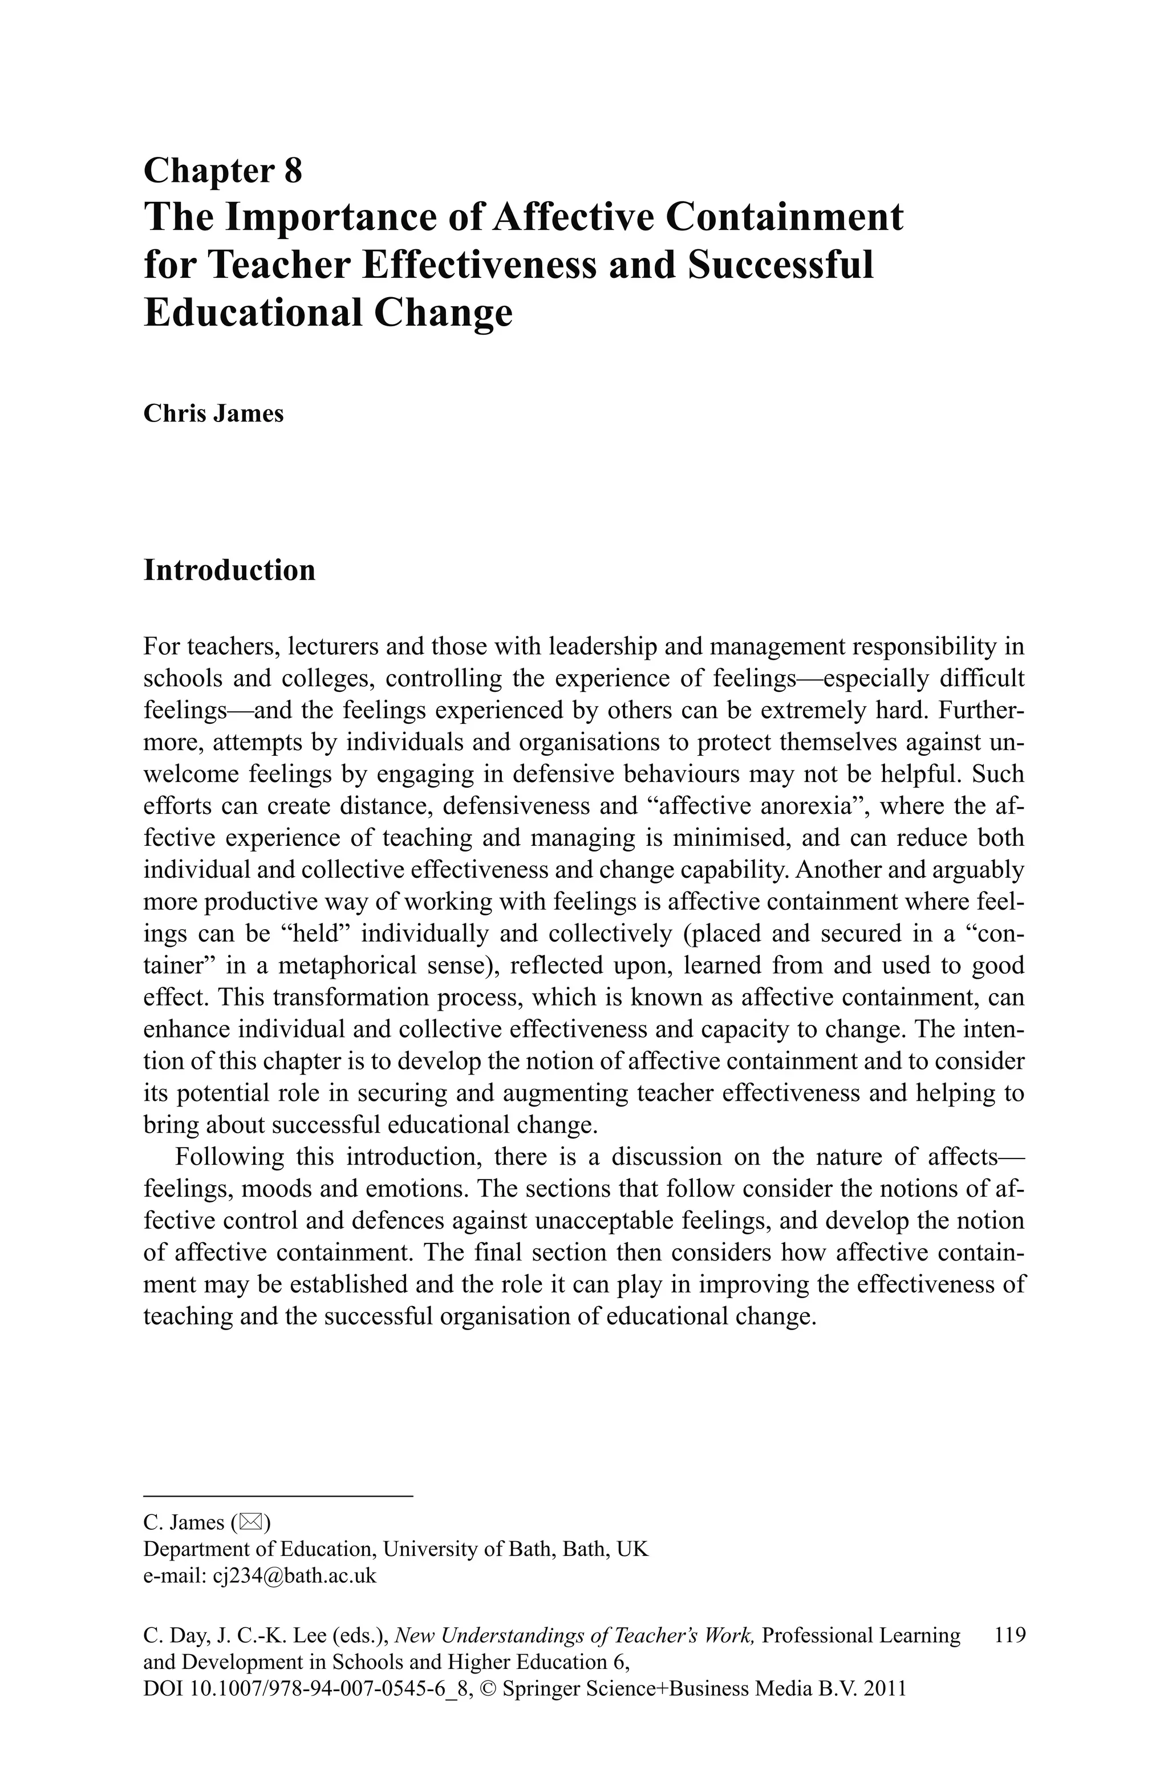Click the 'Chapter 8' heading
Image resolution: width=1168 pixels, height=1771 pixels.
tap(223, 171)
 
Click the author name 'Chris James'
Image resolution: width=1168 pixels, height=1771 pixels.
tap(213, 414)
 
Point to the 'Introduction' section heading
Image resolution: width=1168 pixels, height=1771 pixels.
tap(229, 570)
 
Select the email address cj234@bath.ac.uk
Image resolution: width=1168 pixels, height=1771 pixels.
tap(295, 1576)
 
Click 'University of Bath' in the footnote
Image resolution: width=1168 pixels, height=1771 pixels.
tap(469, 1549)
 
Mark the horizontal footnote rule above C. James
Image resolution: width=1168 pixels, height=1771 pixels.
tap(277, 1496)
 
